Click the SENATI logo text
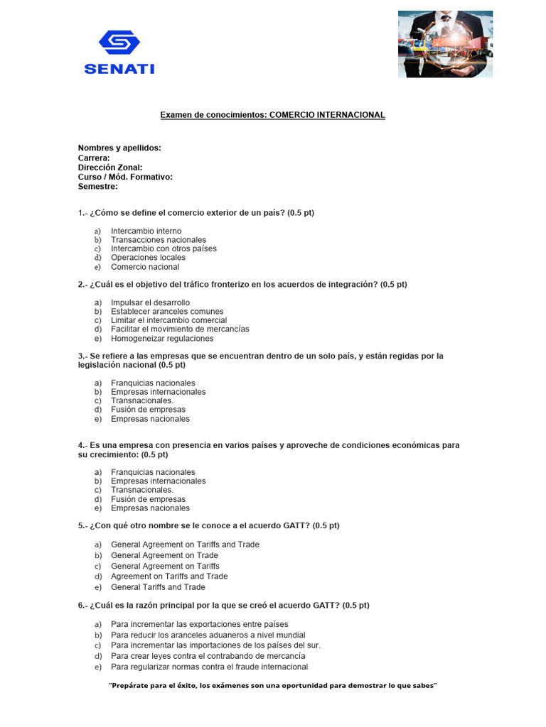119,69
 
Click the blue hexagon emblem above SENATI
119,43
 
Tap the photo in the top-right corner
445,44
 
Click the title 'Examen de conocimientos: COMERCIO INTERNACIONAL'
272,115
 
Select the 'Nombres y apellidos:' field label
119,148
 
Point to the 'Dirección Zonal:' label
110,168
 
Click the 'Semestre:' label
98,187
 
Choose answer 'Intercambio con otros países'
164,248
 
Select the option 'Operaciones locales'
148,258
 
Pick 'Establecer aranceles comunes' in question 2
167,312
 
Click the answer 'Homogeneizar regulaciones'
162,339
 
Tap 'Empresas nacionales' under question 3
150,419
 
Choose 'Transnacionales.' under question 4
142,490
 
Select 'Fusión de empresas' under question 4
148,499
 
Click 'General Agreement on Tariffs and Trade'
185,545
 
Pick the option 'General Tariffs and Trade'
158,587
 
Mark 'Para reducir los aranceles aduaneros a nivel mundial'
208,635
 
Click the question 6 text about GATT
223,606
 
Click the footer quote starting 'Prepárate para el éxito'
272,686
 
